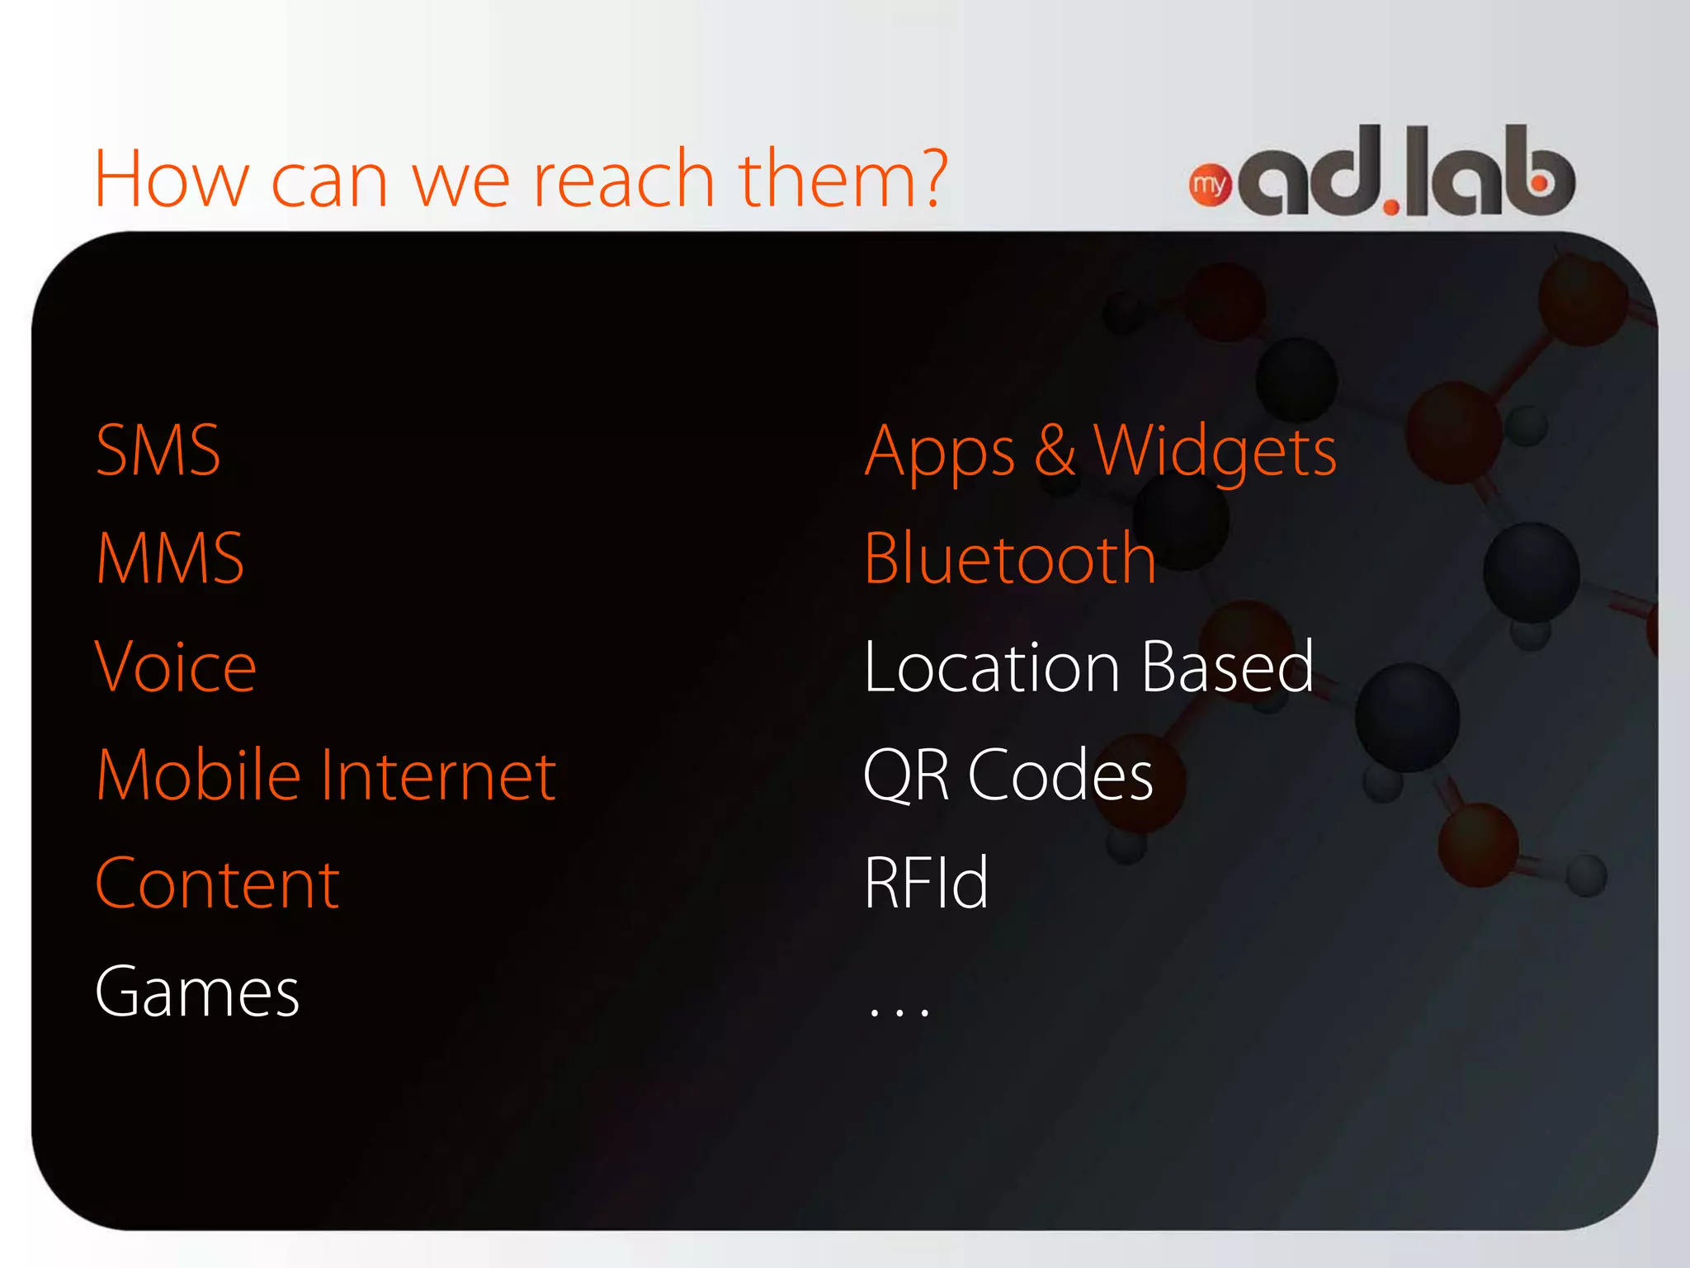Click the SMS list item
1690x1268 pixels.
point(158,450)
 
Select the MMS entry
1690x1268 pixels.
point(170,559)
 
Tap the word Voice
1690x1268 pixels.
point(176,667)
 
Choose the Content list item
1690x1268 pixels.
point(217,884)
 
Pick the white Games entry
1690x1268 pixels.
point(197,992)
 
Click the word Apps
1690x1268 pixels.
point(939,452)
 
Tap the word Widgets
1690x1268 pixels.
point(1214,452)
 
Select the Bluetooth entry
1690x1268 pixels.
point(1009,559)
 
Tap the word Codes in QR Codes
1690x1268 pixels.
point(1060,775)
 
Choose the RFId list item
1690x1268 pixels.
point(926,884)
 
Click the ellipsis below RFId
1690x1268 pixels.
point(899,1009)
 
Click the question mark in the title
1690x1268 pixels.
point(932,177)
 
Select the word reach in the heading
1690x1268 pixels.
point(624,179)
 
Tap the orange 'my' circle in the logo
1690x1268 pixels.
point(1209,185)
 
